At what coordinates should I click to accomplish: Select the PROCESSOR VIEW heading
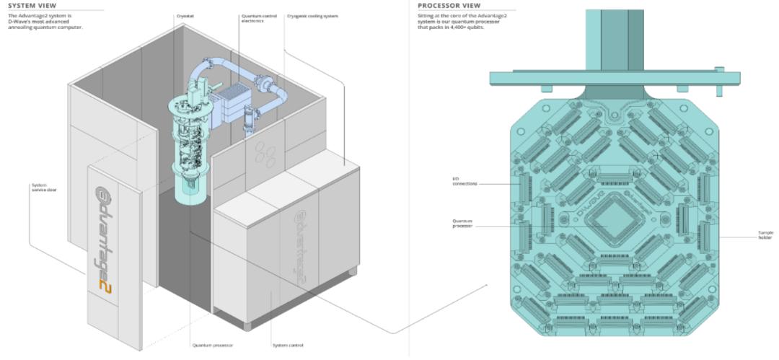(x=449, y=5)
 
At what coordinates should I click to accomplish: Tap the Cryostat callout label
(x=185, y=15)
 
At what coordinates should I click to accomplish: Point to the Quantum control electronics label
(x=252, y=19)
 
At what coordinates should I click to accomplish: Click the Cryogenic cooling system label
(x=312, y=15)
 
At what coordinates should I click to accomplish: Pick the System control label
(x=288, y=345)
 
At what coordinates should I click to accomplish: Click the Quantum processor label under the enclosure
(x=212, y=345)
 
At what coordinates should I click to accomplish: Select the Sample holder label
(x=765, y=234)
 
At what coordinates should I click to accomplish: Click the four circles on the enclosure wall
(x=265, y=154)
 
